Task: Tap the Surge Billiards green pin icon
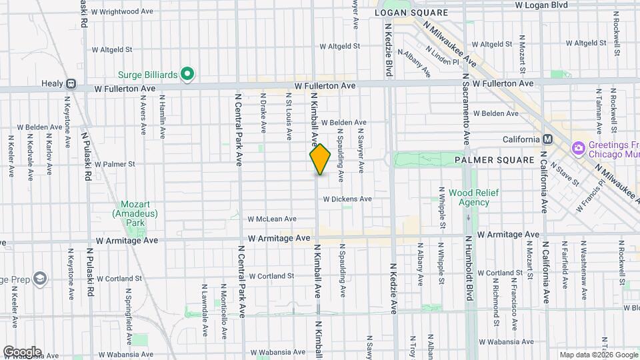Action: (188, 73)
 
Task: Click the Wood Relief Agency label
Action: (469, 197)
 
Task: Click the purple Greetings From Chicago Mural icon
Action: (578, 147)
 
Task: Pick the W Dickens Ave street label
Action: (347, 199)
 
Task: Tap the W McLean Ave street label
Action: (272, 219)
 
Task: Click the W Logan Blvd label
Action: (541, 5)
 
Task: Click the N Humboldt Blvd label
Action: (469, 267)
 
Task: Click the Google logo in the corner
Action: (21, 352)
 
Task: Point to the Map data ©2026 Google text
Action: (598, 355)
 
